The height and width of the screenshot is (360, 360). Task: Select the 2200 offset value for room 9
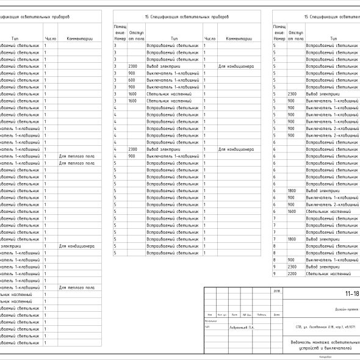point(292,274)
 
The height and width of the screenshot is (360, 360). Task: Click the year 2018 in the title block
point(277,292)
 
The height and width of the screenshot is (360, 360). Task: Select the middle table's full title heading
point(186,16)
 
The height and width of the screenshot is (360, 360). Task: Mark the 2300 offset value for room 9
point(292,267)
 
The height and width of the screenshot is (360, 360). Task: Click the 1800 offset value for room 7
point(292,239)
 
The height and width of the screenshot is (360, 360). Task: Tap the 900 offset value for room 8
point(292,260)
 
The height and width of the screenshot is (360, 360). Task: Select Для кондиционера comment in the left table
point(76,247)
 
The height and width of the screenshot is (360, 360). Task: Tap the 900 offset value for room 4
point(131,156)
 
